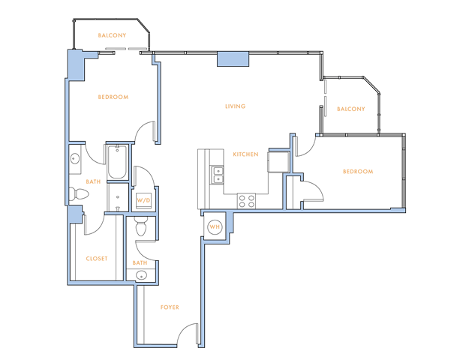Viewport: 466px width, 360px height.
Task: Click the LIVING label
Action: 235,106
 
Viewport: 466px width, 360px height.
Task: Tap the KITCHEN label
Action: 245,154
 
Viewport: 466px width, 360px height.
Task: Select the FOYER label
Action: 170,307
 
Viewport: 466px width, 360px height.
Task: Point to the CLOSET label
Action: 97,259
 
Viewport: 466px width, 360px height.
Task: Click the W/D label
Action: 143,201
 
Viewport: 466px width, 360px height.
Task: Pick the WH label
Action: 214,227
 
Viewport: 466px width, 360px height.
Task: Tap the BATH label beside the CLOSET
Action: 140,263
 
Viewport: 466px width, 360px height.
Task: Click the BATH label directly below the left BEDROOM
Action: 94,182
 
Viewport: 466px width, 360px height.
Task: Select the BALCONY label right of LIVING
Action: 350,109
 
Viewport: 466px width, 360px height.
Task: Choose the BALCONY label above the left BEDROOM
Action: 112,35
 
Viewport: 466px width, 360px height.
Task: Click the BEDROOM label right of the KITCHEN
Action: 358,172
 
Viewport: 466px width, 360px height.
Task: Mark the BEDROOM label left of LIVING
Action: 113,97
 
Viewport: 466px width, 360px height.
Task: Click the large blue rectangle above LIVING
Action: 233,58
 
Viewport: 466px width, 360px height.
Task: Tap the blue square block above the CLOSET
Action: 75,214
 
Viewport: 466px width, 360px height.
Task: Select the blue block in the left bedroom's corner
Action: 77,65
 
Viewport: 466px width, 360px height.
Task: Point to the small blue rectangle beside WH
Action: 230,223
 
